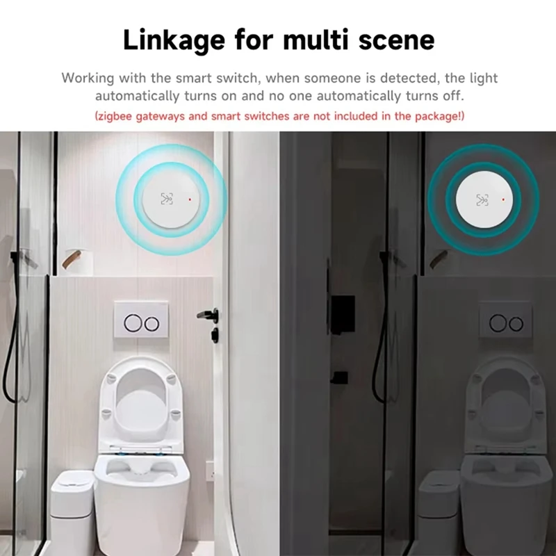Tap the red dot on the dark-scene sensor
coord(501,201)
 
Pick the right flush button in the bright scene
coord(152,322)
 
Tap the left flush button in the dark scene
coord(497,323)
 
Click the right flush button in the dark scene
coord(516,323)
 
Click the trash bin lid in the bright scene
coord(72,477)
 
